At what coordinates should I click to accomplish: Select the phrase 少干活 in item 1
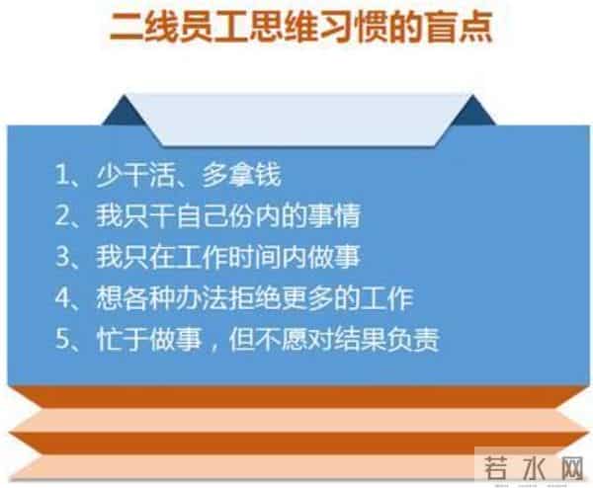pyautogui.click(x=125, y=178)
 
